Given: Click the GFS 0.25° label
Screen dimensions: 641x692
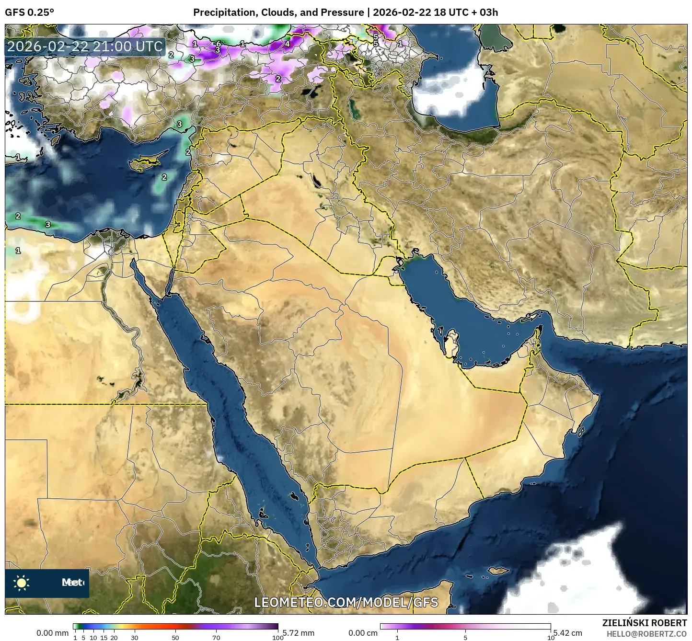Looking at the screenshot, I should click(x=29, y=12).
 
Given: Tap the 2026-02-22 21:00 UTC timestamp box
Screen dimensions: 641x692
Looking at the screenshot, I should click(x=85, y=46).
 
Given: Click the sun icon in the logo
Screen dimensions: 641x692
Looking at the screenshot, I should click(x=21, y=583).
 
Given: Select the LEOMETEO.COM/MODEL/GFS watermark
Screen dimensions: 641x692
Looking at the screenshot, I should click(x=346, y=602).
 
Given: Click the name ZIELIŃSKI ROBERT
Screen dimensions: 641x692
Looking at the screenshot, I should click(x=644, y=623).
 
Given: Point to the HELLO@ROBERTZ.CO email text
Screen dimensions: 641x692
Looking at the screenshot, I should click(x=646, y=633).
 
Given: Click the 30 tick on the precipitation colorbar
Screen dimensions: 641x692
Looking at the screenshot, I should click(x=135, y=637).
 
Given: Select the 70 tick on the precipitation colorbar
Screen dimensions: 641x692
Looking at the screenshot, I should click(x=217, y=637).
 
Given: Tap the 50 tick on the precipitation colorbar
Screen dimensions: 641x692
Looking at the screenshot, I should click(x=175, y=637).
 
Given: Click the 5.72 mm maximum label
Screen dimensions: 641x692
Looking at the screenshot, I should click(x=298, y=633).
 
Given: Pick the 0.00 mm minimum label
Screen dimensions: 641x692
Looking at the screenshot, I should click(x=52, y=633).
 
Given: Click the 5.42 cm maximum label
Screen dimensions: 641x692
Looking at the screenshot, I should click(x=568, y=633).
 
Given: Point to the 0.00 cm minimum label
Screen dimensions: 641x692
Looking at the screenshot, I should click(x=363, y=633).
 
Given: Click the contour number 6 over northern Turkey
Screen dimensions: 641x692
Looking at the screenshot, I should click(x=219, y=44).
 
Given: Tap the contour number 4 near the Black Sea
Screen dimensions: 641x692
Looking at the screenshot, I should click(x=287, y=44).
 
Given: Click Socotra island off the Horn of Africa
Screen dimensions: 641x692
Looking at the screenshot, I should click(x=498, y=572).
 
